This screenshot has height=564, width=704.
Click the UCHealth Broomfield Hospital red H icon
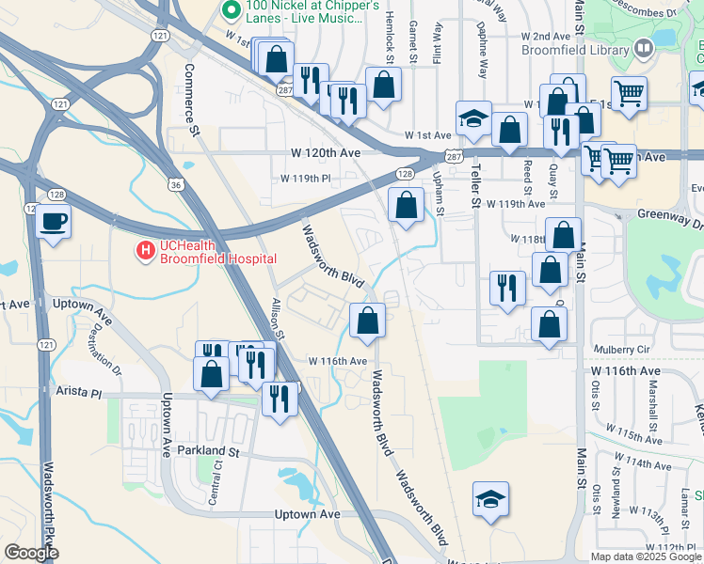146,251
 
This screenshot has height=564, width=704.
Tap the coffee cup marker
53,222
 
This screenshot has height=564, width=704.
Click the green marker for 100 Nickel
230,10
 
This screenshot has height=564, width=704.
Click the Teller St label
475,188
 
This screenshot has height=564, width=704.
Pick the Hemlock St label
389,43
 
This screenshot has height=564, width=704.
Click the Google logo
31,554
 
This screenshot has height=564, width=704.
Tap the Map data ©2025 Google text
647,556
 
